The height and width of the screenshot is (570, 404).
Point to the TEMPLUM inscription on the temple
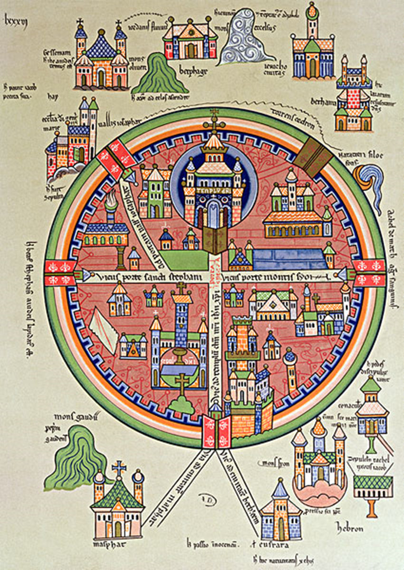214,192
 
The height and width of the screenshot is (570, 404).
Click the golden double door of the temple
215,239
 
